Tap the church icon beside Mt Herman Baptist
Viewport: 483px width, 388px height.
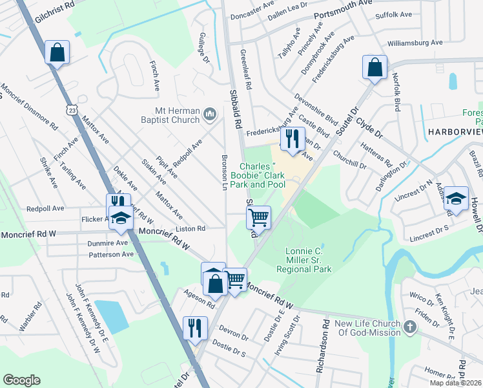[x=209, y=114]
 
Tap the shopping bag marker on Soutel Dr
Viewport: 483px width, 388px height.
[x=375, y=67]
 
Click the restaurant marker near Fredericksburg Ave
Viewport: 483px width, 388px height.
[x=293, y=138]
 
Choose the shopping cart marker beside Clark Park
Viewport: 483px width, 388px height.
[x=258, y=217]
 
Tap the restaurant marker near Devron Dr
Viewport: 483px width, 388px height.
[x=194, y=327]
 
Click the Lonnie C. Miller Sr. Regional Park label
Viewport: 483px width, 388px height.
[x=303, y=260]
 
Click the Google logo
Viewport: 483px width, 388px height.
[x=21, y=380]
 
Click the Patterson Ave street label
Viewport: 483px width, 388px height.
[x=111, y=255]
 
